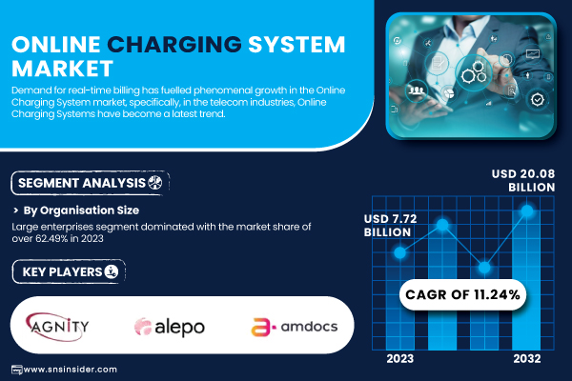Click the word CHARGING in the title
pos(174,45)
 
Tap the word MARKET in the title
pos(62,69)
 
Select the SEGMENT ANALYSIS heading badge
pos(91,183)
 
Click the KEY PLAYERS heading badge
pos(69,271)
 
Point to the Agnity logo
pos(57,327)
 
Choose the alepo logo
pos(170,327)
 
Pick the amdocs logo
pos(294,327)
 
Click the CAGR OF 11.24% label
pos(462,294)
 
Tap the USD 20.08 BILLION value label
pos(523,180)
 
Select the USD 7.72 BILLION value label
pos(390,226)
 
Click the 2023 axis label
pos(400,359)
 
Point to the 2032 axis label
pos(527,359)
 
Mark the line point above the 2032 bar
pos(527,211)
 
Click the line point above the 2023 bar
pos(399,252)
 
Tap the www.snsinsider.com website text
pos(70,370)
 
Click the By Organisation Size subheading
pos(81,211)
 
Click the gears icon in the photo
pos(474,72)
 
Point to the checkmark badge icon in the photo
pos(538,99)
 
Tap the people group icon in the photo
pos(417,90)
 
